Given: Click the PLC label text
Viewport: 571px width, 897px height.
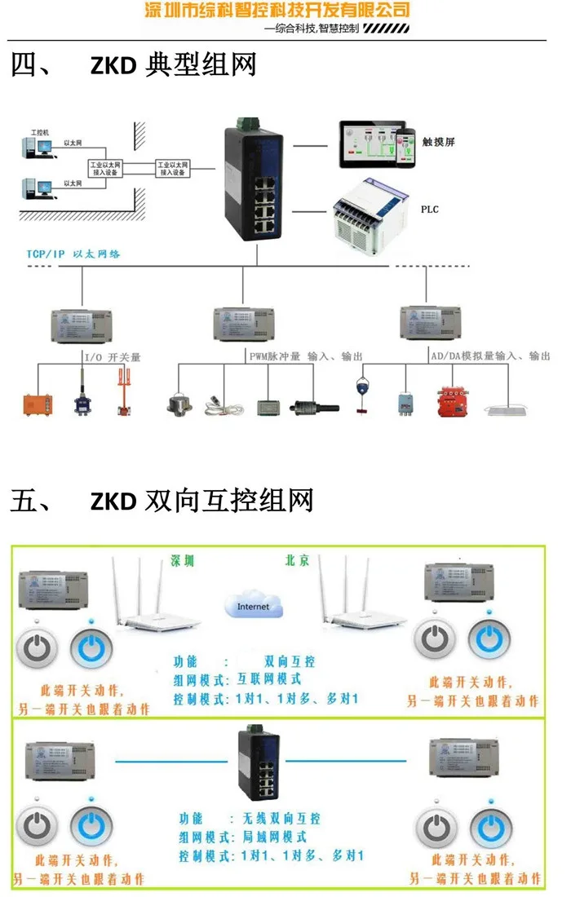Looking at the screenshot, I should click(x=429, y=210).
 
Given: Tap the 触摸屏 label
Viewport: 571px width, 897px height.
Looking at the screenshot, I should click(x=438, y=141).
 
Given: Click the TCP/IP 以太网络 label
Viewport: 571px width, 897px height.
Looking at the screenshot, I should click(x=73, y=254).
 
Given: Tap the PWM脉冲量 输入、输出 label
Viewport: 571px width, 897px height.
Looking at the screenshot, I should click(x=305, y=357).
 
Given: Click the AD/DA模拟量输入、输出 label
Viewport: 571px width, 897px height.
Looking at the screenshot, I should click(x=489, y=356).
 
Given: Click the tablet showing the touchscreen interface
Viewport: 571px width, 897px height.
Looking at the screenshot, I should click(x=371, y=144).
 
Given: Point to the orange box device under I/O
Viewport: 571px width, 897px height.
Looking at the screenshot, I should click(x=38, y=404).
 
